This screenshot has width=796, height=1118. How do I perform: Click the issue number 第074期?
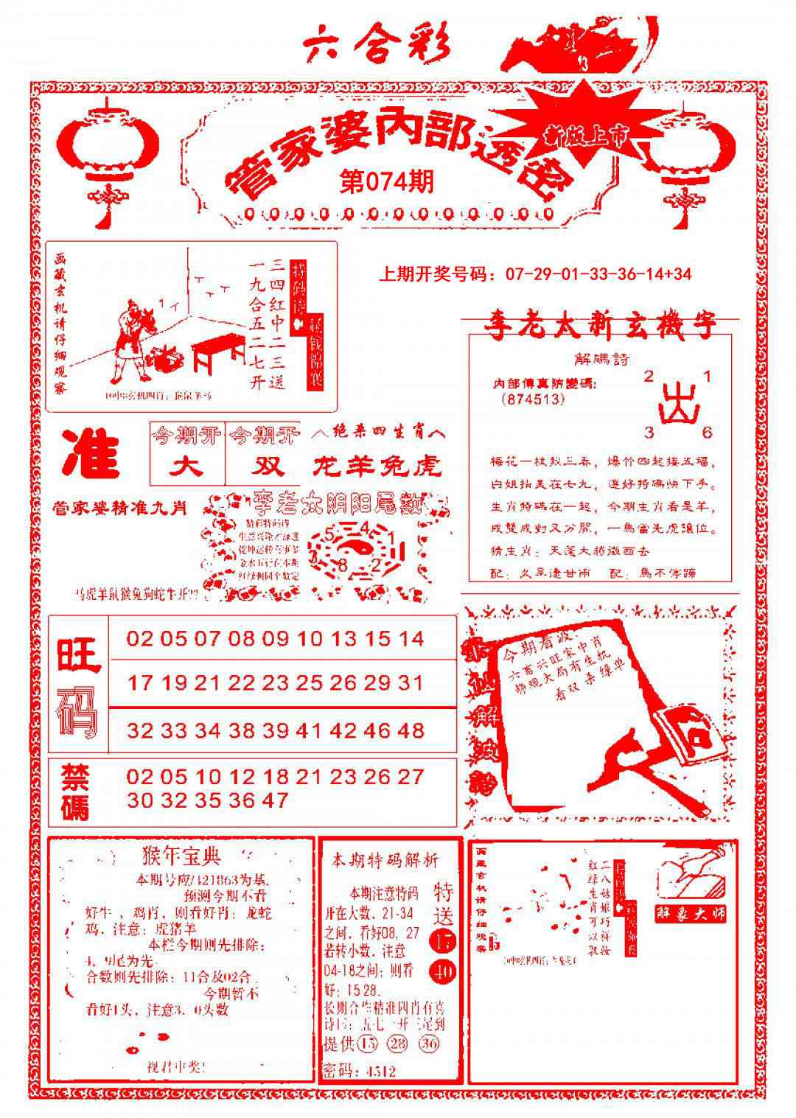coord(385,181)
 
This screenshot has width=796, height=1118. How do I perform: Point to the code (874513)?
coord(531,399)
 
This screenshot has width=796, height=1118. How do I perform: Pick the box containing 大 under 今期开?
coord(186,466)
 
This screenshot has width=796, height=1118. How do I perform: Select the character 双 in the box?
coord(263,466)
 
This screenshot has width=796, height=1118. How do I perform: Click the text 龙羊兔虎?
coord(377,466)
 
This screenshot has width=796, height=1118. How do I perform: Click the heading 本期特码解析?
coord(384,860)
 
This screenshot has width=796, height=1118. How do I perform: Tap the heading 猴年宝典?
coord(181,856)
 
